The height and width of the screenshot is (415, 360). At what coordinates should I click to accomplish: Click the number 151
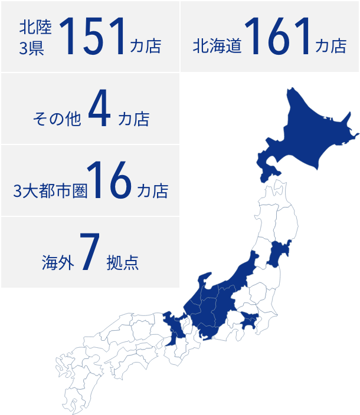[93, 37]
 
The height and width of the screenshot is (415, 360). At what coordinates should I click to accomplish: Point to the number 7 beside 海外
[89, 254]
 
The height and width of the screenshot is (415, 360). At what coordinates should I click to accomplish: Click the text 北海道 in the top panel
[217, 46]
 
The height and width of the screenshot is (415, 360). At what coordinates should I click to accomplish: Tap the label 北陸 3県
[35, 37]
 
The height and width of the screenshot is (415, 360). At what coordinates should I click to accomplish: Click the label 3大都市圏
[51, 191]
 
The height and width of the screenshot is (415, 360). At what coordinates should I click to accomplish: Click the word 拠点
[123, 262]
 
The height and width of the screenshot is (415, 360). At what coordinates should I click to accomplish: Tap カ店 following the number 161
[331, 46]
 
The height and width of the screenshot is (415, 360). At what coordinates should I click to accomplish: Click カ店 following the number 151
[145, 46]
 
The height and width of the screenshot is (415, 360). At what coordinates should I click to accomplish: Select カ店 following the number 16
[152, 191]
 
